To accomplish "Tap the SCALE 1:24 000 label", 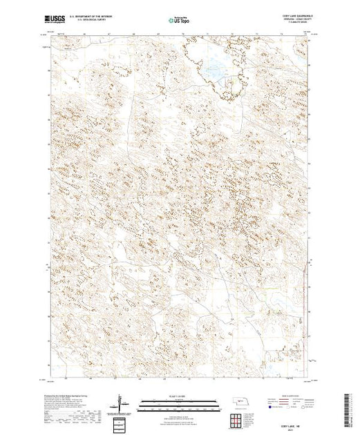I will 176,397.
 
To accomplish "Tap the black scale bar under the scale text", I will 176,403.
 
